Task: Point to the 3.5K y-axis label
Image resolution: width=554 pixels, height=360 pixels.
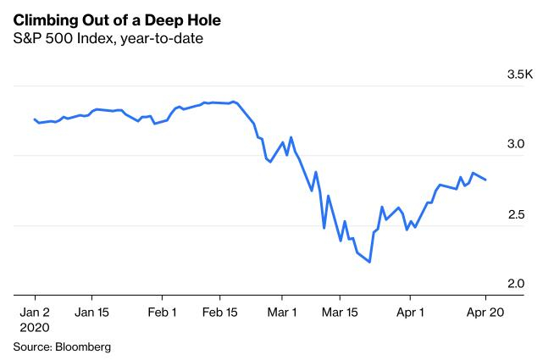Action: coord(519,75)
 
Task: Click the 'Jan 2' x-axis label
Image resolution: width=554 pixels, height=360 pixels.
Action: coord(35,311)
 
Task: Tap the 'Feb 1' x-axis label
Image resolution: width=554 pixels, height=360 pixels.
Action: coord(162,311)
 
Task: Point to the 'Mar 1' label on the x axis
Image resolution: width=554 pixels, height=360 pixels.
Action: coord(281,311)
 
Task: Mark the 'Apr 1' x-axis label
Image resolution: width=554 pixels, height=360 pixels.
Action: coord(410,311)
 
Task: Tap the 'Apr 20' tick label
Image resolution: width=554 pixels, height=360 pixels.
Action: coord(485,311)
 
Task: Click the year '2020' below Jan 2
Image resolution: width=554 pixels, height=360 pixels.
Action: coord(35,327)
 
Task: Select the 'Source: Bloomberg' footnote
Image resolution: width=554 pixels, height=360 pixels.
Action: coord(61,346)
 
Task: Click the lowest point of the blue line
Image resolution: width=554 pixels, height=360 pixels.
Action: coord(370,262)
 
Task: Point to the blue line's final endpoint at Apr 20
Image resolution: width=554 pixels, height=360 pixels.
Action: coord(485,180)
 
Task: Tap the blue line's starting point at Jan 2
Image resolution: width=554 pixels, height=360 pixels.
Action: coord(34,119)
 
